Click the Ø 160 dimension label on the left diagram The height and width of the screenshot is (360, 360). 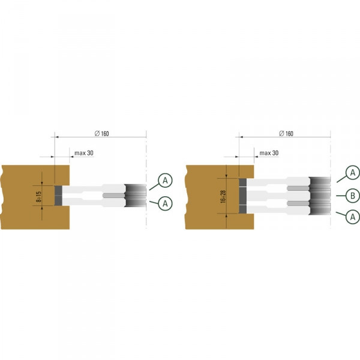(102, 133)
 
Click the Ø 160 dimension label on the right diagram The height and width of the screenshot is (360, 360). (286, 133)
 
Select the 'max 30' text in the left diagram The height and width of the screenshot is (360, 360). (84, 153)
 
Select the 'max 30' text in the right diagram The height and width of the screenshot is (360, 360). (269, 153)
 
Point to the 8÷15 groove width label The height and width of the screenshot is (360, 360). (38, 197)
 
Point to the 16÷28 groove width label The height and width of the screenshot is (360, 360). (223, 197)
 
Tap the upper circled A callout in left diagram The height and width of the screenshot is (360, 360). (165, 181)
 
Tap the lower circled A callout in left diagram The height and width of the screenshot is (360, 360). (165, 203)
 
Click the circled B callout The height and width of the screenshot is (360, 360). (353, 196)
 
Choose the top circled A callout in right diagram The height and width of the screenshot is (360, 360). (353, 172)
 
